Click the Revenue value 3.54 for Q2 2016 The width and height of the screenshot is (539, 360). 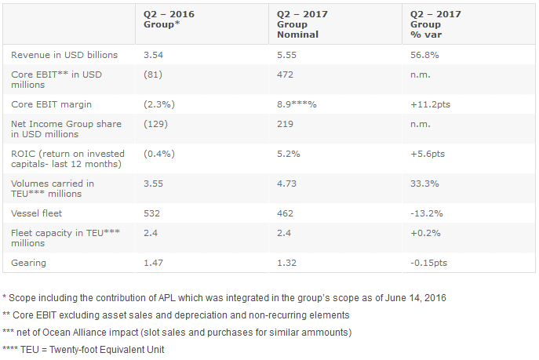tap(154, 55)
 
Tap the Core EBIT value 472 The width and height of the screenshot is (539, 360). tap(286, 75)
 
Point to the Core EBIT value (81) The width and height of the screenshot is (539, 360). tap(155, 75)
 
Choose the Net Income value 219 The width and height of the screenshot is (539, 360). tap(286, 124)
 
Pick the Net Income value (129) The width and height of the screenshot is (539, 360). tap(157, 124)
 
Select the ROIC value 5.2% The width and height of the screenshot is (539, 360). tap(289, 154)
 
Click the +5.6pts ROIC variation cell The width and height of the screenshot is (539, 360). tap(428, 154)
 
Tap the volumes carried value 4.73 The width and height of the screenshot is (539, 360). tap(288, 184)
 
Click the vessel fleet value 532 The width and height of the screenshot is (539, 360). tap(153, 213)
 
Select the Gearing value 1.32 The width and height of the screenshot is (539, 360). tap(288, 261)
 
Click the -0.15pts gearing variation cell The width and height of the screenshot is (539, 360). tap(431, 261)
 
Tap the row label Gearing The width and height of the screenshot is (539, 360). tap(28, 261)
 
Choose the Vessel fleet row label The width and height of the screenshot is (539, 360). tap(36, 213)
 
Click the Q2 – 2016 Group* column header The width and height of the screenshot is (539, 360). tap(168, 20)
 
